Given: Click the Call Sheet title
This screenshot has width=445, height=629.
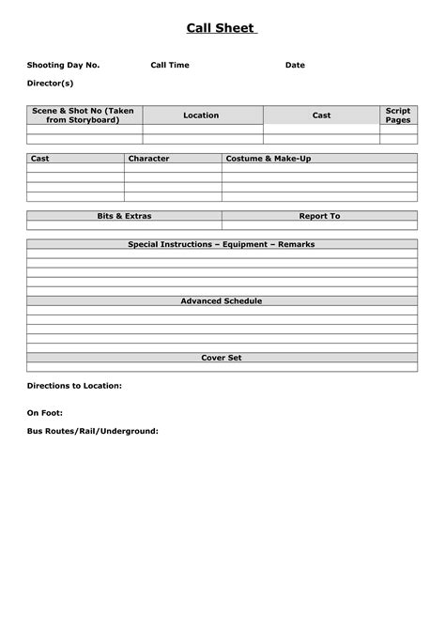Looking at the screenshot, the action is click(x=222, y=29).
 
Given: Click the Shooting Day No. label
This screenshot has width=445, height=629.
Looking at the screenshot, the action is click(x=63, y=66).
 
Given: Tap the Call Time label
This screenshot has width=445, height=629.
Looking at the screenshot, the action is click(x=170, y=66).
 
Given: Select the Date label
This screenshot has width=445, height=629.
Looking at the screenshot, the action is click(x=295, y=66).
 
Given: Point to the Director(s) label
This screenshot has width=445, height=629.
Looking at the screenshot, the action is click(x=50, y=84).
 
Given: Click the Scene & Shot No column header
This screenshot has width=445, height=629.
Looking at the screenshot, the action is click(x=84, y=115).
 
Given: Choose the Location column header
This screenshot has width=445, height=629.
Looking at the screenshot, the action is click(x=201, y=115).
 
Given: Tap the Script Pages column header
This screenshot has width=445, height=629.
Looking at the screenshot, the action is click(x=398, y=115).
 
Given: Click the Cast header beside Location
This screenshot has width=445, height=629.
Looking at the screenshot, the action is click(x=321, y=115).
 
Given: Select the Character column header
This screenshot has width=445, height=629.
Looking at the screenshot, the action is click(x=149, y=159).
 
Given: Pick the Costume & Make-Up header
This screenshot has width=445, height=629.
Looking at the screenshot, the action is click(x=269, y=159).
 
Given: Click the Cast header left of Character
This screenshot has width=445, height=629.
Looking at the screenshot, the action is click(x=40, y=159).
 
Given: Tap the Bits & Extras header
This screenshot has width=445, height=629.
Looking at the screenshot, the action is click(x=124, y=216).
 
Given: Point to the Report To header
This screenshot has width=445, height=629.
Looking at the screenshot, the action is click(x=319, y=216).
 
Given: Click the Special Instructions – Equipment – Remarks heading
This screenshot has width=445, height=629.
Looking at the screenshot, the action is click(x=222, y=244).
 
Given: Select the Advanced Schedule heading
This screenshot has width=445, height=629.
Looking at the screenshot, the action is click(x=222, y=301).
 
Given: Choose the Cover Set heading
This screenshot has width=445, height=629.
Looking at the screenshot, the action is click(x=222, y=358).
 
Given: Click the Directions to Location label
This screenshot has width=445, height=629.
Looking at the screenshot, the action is click(x=74, y=386).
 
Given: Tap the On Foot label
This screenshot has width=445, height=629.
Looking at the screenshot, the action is click(x=45, y=413).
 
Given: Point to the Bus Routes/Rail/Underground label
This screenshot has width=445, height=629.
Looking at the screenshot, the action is click(x=92, y=432).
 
